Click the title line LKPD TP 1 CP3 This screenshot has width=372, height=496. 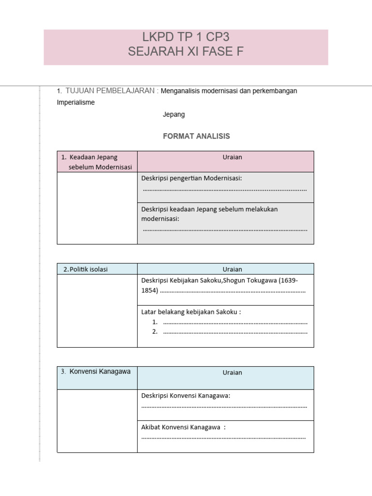pyautogui.click(x=186, y=38)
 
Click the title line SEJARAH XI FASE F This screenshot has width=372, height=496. pyautogui.click(x=186, y=51)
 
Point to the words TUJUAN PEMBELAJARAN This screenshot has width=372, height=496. pyautogui.click(x=110, y=91)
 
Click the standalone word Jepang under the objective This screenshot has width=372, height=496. pyautogui.click(x=174, y=115)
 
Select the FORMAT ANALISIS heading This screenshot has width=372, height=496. pyautogui.click(x=196, y=136)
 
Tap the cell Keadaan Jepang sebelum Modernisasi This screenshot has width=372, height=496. pyautogui.click(x=97, y=162)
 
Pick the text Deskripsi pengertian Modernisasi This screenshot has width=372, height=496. pyautogui.click(x=191, y=178)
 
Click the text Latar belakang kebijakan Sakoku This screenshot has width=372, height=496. pyautogui.click(x=191, y=312)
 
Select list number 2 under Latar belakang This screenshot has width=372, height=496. pyautogui.click(x=155, y=332)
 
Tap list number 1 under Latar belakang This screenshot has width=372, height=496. pyautogui.click(x=155, y=322)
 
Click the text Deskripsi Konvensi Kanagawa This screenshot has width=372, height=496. pyautogui.click(x=186, y=396)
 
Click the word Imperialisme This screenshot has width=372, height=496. pyautogui.click(x=76, y=102)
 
